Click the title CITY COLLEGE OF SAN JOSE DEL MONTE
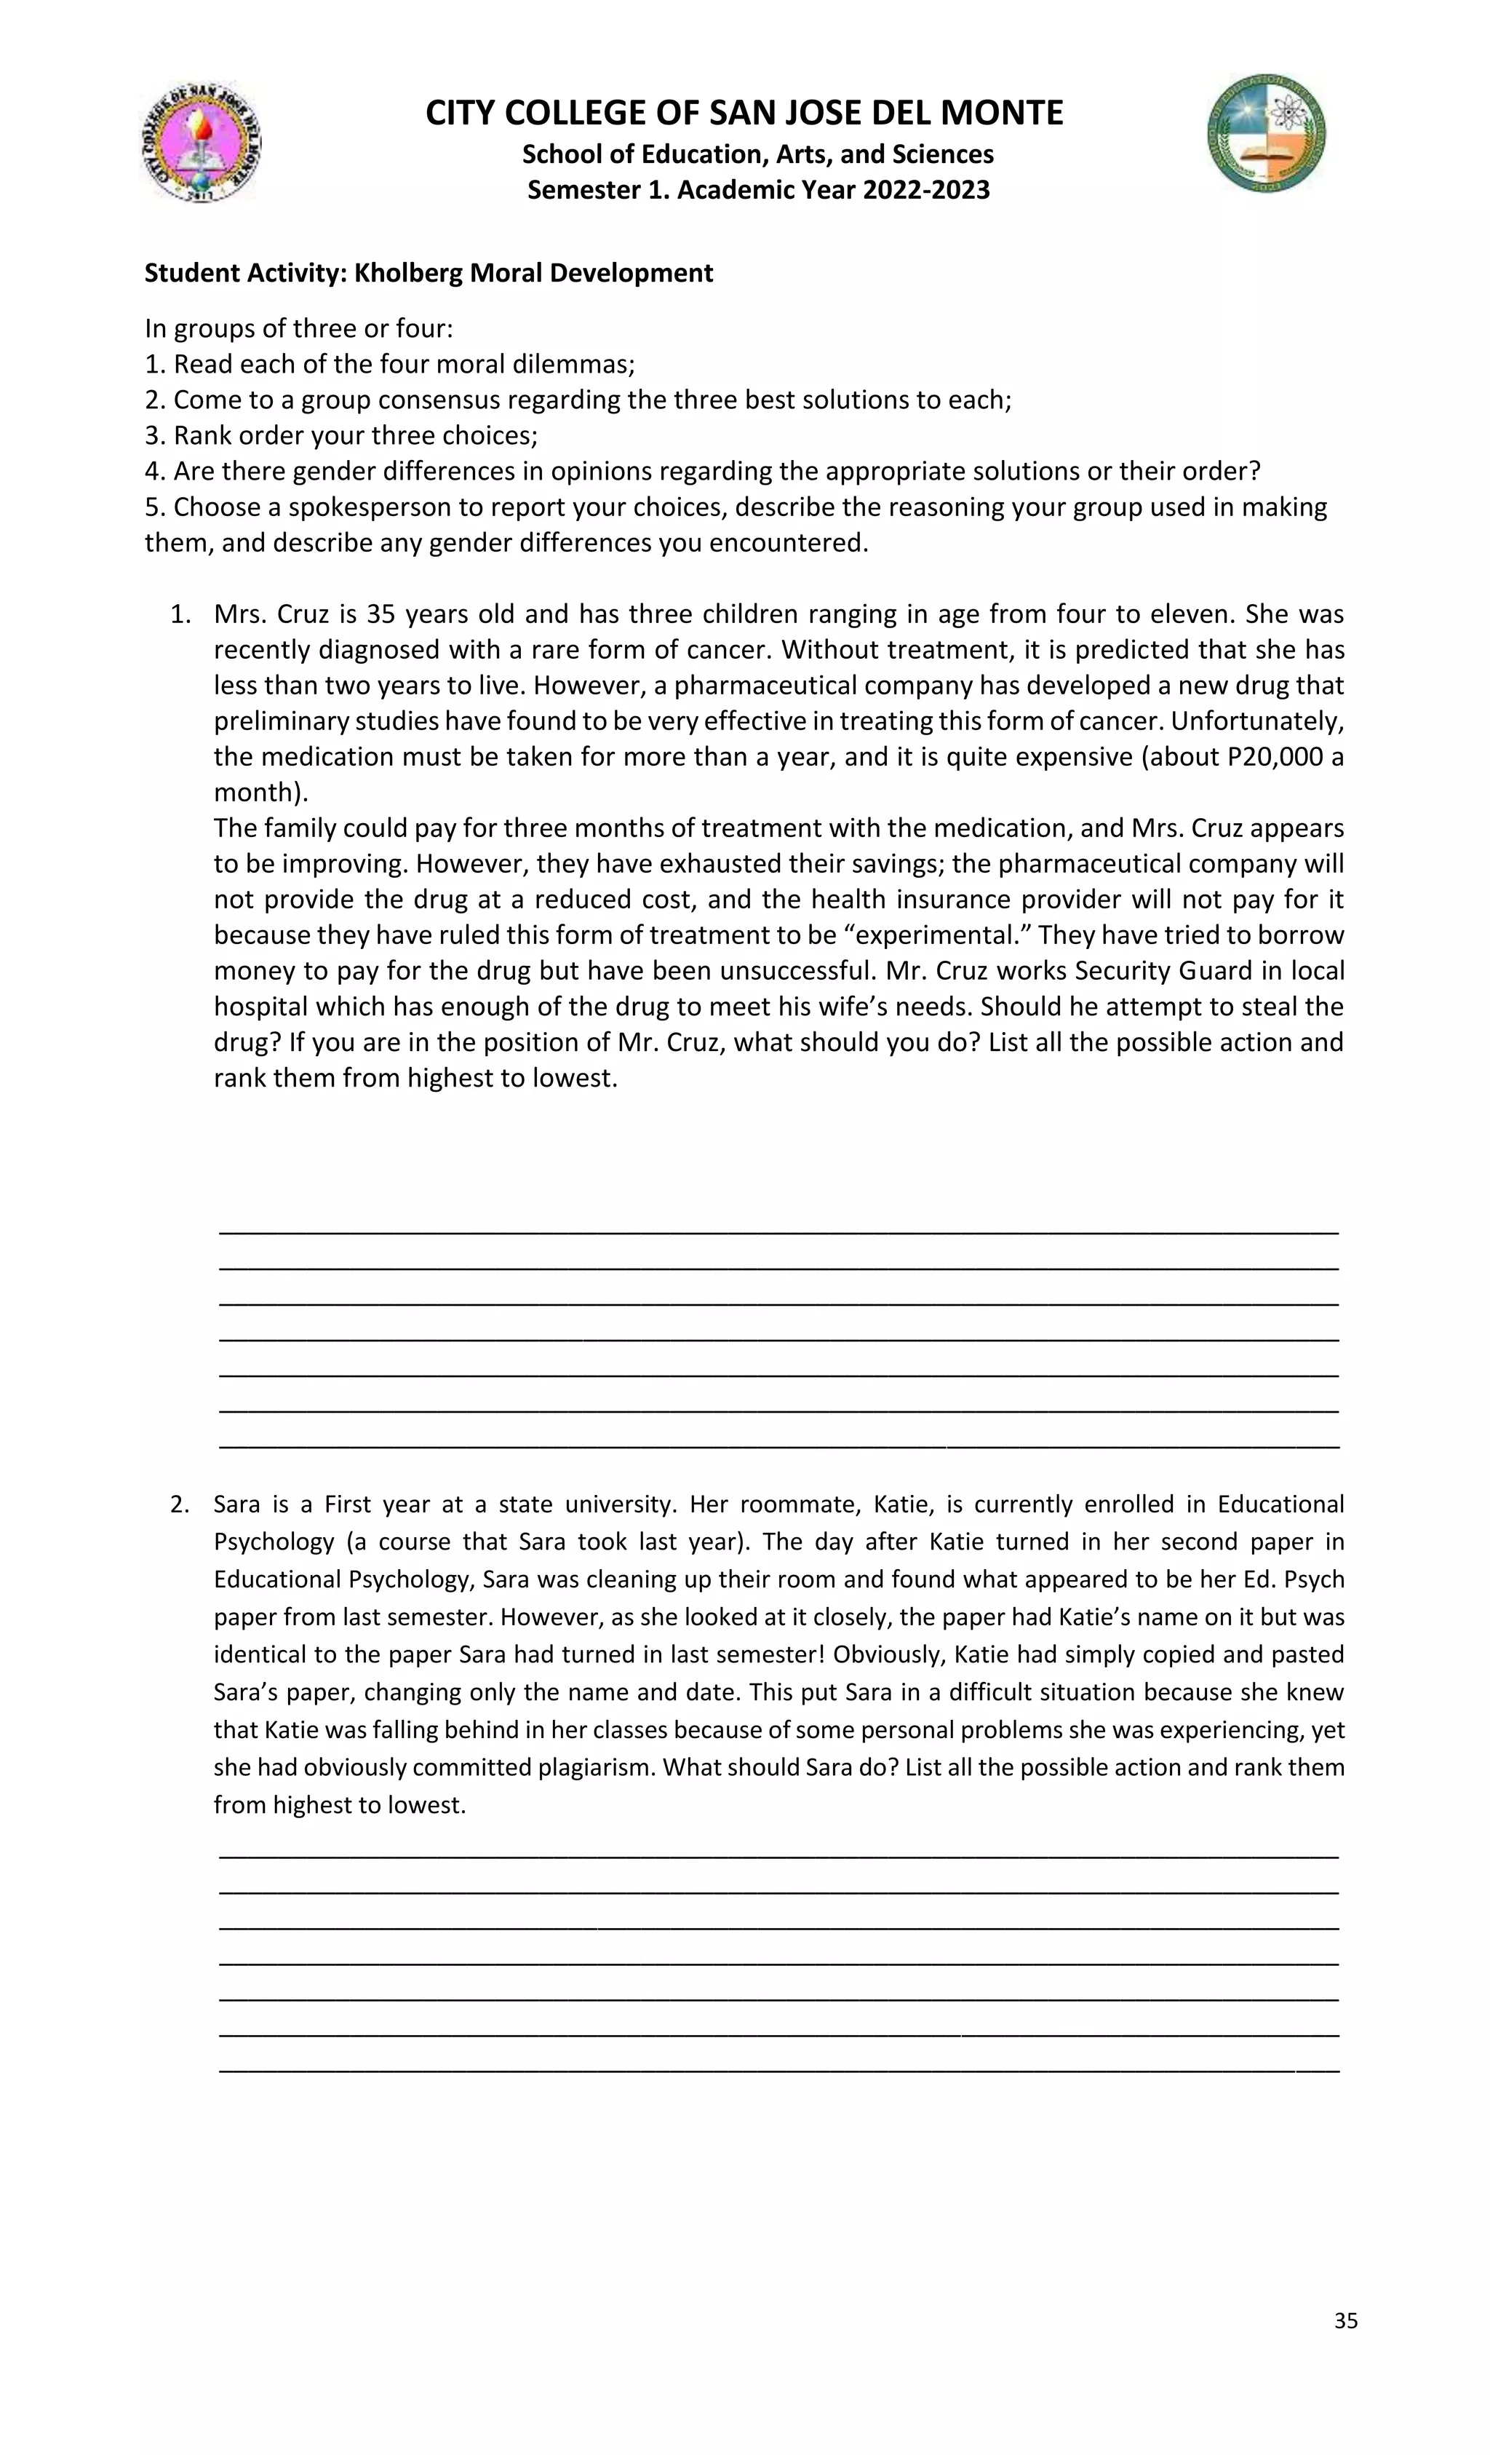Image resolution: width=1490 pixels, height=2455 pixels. point(744,113)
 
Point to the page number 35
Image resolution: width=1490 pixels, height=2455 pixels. point(1345,2320)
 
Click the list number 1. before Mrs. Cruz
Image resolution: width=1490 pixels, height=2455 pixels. point(179,614)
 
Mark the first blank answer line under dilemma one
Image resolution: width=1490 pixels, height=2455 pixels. point(778,1232)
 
